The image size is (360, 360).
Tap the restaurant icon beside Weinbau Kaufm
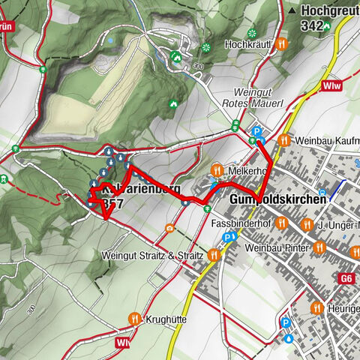(283, 139)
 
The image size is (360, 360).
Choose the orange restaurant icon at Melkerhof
(217, 170)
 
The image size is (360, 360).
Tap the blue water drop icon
(289, 337)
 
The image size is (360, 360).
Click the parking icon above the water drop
(284, 324)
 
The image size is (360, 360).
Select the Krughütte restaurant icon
(135, 319)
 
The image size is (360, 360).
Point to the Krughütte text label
(167, 319)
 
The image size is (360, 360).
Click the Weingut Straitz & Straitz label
(153, 256)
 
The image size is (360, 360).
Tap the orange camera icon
(170, 228)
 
